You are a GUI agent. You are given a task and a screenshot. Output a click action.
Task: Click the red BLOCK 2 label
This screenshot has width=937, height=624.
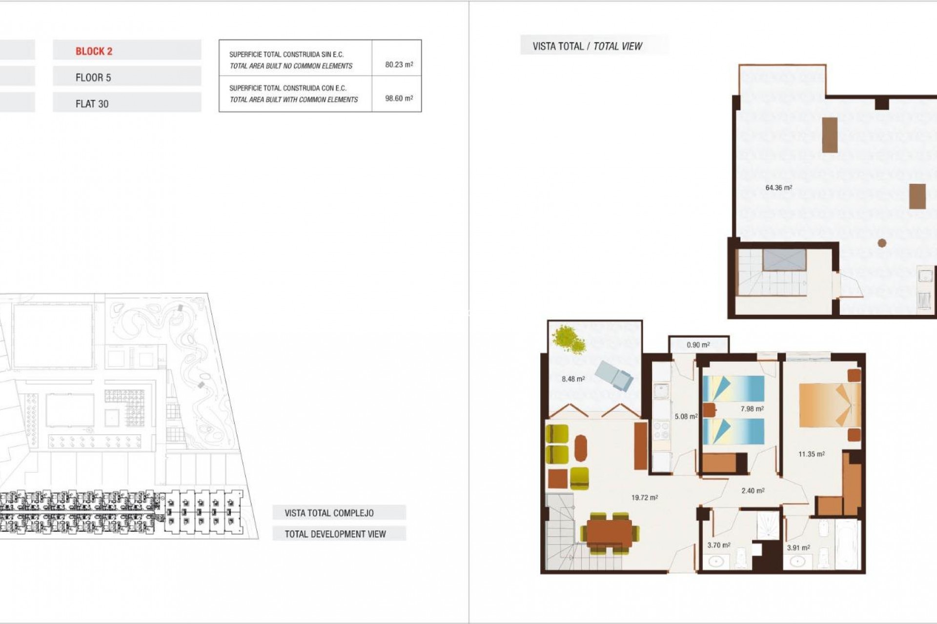point(94,51)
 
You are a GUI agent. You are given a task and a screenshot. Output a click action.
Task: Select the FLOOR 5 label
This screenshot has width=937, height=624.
point(93,78)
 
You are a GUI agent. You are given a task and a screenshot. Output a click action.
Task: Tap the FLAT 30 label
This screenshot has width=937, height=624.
point(92,104)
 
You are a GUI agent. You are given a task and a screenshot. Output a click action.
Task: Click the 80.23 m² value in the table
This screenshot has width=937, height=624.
point(399,64)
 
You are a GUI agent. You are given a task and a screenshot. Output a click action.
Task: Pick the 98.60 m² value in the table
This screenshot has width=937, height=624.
point(399,98)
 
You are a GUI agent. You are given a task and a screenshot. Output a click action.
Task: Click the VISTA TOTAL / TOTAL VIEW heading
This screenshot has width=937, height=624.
point(587,46)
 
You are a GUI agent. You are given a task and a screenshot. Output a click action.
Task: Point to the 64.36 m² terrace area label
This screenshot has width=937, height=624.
point(778,188)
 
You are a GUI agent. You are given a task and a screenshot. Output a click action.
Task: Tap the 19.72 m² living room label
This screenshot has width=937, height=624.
point(644,498)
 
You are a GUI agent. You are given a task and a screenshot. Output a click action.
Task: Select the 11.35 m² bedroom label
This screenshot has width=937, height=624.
point(811,454)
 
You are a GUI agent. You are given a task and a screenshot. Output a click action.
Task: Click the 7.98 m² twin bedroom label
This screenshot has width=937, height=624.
point(752,409)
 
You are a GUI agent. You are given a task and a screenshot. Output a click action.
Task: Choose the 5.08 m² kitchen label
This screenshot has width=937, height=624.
point(686,416)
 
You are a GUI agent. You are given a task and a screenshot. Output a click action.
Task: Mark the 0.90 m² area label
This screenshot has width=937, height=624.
point(698,345)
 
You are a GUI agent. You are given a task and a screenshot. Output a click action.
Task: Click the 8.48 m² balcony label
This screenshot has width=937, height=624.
point(573,379)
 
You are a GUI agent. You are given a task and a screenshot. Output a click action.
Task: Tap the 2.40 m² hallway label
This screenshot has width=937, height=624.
point(753,491)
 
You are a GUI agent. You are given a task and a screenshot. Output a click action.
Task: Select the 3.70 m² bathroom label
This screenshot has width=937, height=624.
point(719,545)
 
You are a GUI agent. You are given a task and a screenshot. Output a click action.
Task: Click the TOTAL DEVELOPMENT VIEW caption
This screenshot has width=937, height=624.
point(335,534)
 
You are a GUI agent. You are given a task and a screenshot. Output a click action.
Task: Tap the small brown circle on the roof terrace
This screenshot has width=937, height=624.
point(881,243)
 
